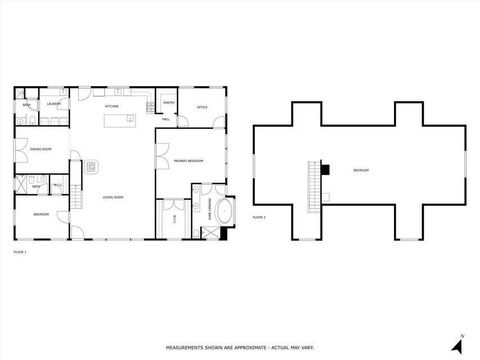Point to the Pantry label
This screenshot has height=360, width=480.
pos(169,103)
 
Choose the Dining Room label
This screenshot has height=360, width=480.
pos(39,149)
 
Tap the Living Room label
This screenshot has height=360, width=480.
pos(113,198)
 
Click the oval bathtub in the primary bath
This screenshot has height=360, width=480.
pos(222,211)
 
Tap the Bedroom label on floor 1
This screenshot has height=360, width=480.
pos(41,215)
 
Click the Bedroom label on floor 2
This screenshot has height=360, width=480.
pos(360,171)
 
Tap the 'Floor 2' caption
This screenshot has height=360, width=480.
pos(258,216)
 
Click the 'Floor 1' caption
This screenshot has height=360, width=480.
pos(19,252)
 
